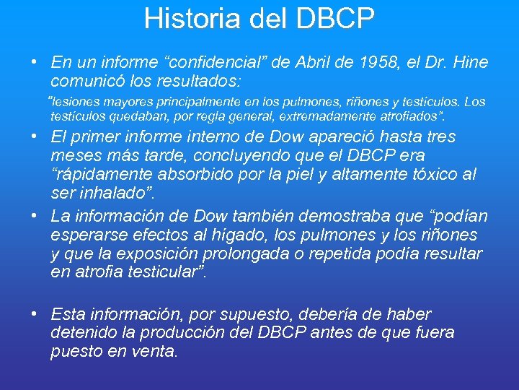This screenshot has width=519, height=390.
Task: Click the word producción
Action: (x=200, y=333)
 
